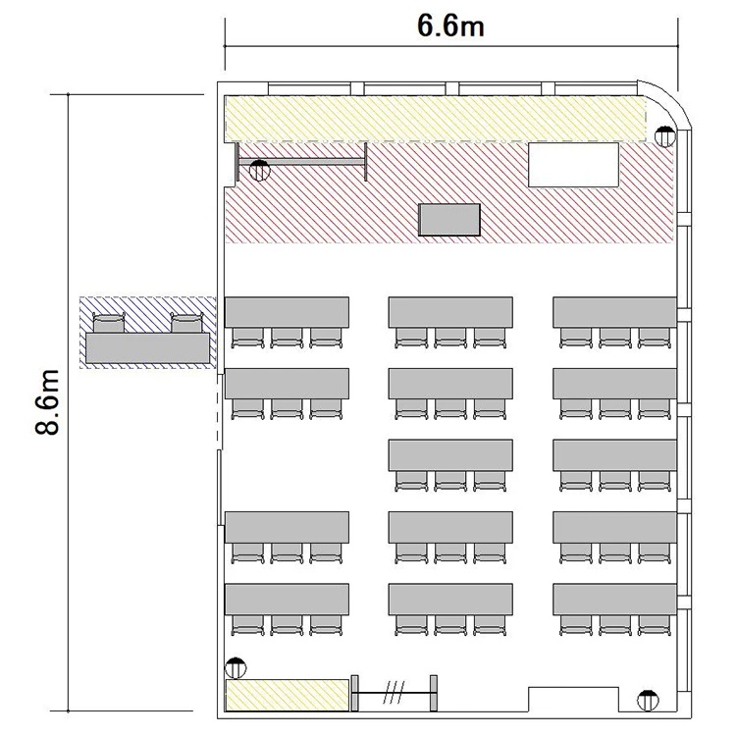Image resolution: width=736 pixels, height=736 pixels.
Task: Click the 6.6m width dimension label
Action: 450,26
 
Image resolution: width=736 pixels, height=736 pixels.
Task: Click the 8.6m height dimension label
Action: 47,402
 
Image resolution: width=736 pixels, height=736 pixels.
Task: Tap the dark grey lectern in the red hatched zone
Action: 449,220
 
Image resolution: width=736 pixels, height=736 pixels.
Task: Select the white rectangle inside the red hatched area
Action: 574,165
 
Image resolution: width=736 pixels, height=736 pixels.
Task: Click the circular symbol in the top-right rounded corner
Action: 665,136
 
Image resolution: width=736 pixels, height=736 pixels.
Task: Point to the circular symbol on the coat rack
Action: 260,171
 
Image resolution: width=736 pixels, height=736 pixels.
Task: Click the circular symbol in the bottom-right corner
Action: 648,701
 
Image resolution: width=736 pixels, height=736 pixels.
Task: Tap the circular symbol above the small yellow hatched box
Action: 236,667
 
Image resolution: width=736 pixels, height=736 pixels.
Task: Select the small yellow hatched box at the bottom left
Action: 288,695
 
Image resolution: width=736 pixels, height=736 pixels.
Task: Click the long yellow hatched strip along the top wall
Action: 435,119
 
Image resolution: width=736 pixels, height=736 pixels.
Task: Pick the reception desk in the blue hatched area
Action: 147,347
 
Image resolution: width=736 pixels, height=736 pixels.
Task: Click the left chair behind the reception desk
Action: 109,323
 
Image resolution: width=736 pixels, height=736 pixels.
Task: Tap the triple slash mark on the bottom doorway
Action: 394,693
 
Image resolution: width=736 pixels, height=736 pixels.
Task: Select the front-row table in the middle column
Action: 450,312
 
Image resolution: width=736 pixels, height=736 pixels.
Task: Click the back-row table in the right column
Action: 614,599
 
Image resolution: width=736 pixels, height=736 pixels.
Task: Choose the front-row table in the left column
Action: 287,312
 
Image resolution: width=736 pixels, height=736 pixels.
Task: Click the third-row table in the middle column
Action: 450,454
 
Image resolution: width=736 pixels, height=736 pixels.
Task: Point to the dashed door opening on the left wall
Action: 218,411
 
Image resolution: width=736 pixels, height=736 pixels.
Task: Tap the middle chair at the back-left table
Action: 287,625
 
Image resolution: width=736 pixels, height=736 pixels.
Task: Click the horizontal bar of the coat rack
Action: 301,162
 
